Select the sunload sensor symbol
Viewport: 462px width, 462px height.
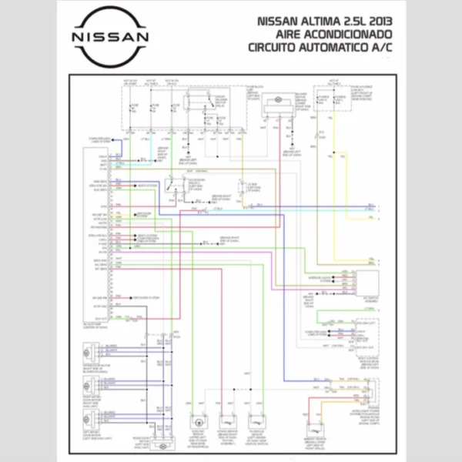pos(257,421)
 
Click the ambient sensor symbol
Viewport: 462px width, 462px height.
pos(315,431)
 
